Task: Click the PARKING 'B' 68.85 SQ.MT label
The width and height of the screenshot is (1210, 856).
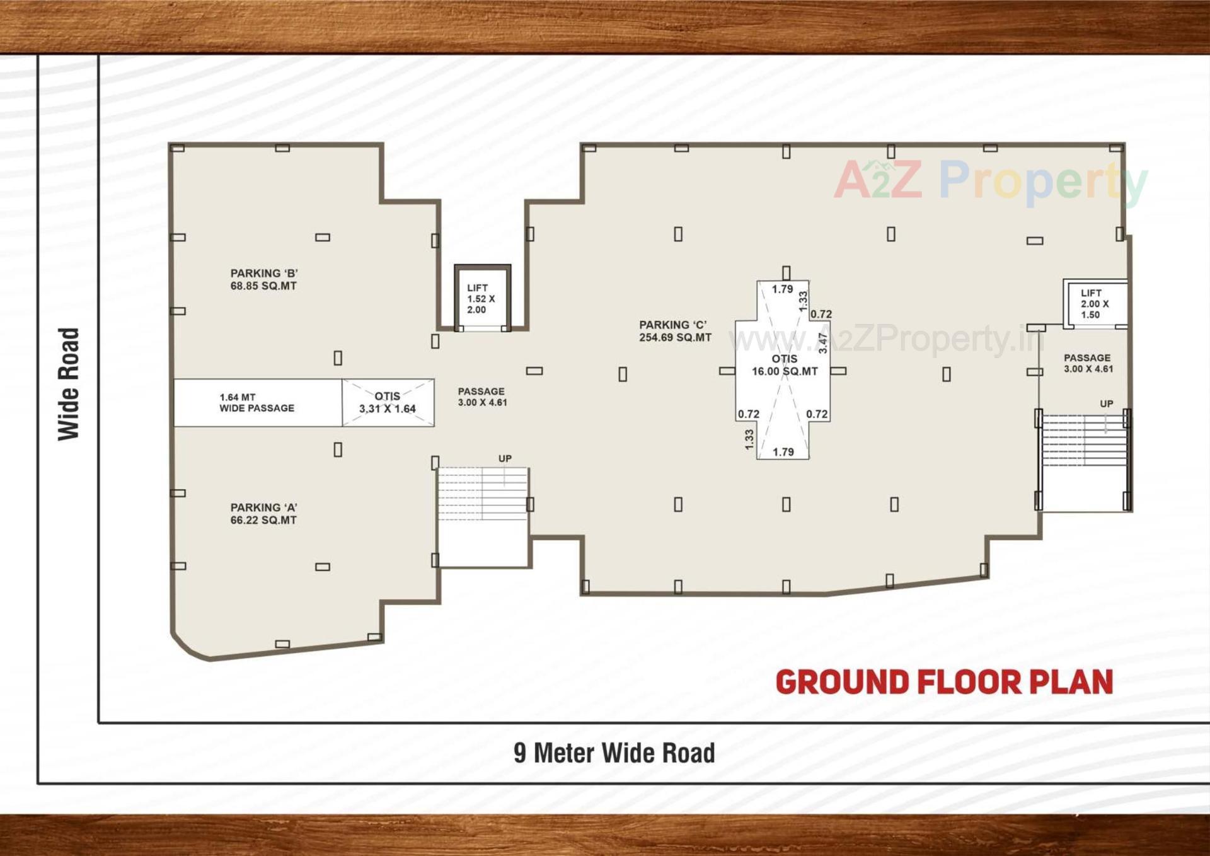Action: (x=263, y=279)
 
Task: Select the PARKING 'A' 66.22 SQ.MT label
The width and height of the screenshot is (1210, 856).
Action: (x=263, y=514)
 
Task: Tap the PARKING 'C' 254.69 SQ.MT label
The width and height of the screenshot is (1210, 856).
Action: (x=675, y=331)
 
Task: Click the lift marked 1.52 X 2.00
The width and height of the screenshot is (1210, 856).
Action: (x=481, y=298)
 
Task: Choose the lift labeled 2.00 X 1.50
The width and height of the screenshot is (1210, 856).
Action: (x=1095, y=304)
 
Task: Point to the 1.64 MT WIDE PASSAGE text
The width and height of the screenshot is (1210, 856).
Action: (x=256, y=403)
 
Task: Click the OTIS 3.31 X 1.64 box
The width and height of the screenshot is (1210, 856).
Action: (x=388, y=402)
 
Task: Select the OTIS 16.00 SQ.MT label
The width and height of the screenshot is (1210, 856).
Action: (x=785, y=365)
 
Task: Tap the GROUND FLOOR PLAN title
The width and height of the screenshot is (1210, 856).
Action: (x=944, y=682)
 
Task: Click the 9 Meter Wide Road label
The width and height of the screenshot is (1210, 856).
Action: (x=614, y=753)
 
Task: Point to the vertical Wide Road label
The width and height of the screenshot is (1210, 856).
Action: (x=69, y=384)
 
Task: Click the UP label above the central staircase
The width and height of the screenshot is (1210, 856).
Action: (x=505, y=459)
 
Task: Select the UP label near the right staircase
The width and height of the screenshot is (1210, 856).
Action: (x=1107, y=404)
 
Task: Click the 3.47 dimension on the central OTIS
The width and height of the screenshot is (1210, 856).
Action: (x=822, y=342)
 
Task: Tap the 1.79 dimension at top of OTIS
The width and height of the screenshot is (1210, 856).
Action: (x=783, y=289)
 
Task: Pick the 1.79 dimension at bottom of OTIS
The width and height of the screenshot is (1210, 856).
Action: (x=783, y=452)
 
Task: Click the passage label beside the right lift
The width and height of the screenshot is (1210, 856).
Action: (x=1088, y=363)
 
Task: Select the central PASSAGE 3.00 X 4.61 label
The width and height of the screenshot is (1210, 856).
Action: (x=482, y=396)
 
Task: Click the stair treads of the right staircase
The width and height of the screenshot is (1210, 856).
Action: (x=1084, y=440)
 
